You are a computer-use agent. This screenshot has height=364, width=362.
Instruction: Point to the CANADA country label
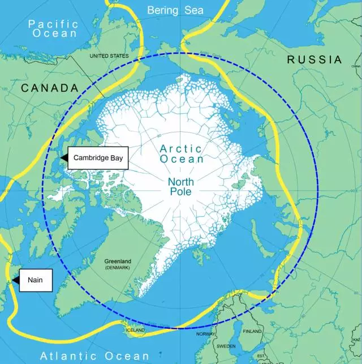click(x=50, y=88)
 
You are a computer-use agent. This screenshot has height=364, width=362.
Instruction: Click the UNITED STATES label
click(x=109, y=56)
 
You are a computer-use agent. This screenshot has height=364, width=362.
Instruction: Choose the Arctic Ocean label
click(x=181, y=154)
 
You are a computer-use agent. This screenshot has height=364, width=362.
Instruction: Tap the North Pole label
click(x=180, y=187)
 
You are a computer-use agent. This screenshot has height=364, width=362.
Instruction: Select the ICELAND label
click(x=136, y=330)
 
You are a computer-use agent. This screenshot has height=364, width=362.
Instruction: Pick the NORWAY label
click(x=205, y=334)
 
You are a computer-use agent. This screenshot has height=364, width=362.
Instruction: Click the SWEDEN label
click(x=226, y=345)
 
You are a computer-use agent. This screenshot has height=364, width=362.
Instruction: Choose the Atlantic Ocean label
click(x=94, y=356)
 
